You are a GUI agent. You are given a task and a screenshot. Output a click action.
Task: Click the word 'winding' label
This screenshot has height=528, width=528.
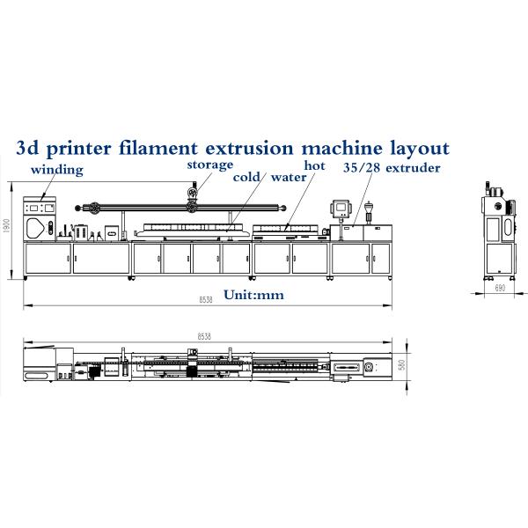(57, 169)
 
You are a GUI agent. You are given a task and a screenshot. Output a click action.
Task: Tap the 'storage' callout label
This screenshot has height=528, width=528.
(209, 165)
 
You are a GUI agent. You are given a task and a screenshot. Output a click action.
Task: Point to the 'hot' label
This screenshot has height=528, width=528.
(314, 165)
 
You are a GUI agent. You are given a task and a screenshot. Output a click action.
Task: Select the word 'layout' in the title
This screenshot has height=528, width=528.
(419, 147)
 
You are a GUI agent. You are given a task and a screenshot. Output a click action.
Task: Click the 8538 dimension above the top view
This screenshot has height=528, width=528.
(205, 335)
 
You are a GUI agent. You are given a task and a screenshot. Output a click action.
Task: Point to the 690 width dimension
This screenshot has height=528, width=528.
(499, 289)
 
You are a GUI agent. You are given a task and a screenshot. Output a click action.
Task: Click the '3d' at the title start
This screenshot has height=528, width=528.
(28, 147)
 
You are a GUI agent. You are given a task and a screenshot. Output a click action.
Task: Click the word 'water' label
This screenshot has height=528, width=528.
(288, 177)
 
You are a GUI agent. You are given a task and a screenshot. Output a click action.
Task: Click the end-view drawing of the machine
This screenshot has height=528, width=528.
(498, 228)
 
